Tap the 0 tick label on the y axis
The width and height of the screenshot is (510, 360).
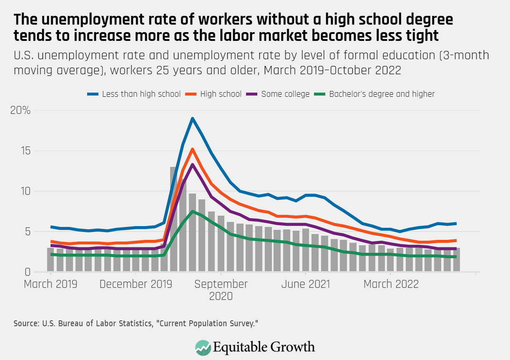(x=28, y=272)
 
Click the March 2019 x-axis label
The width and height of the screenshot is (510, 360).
(x=50, y=284)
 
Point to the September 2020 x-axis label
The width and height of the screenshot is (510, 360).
(x=221, y=290)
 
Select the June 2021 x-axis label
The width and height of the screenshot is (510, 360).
(x=306, y=284)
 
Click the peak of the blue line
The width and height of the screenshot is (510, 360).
(x=192, y=118)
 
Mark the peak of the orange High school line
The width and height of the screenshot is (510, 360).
(x=192, y=149)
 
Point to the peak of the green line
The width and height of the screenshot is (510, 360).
(x=192, y=211)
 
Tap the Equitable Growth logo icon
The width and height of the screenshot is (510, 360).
(x=203, y=347)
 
